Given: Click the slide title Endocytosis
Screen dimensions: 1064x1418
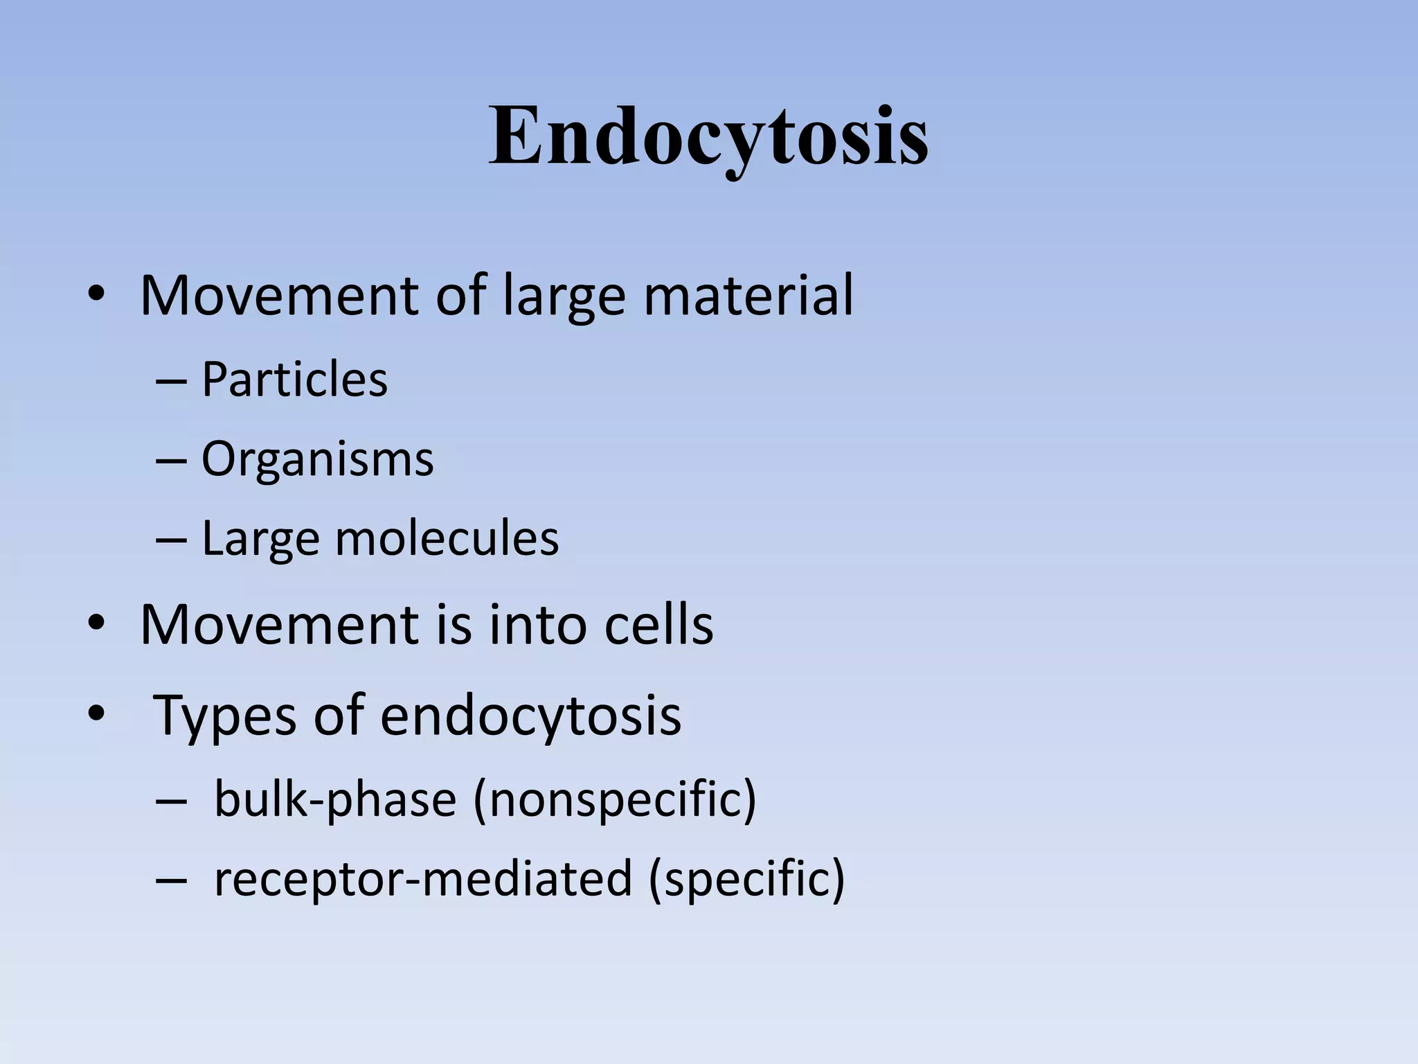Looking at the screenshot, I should pos(708,137).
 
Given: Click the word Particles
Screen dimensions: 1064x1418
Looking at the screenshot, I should pos(294,380).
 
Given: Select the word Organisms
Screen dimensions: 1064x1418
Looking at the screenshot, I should pos(317,459).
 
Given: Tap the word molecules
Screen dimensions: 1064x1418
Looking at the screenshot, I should pos(447,538).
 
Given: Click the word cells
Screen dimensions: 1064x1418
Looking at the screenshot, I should pos(658,625).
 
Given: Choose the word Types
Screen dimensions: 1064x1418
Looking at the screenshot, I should pos(222,715).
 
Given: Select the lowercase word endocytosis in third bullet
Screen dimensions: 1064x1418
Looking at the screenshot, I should pos(530,715).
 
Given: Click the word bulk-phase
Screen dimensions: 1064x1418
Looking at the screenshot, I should pos(335,799).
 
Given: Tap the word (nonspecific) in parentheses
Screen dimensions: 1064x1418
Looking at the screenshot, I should pos(615,799).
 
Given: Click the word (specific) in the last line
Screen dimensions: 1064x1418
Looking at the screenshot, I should pos(746,878).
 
